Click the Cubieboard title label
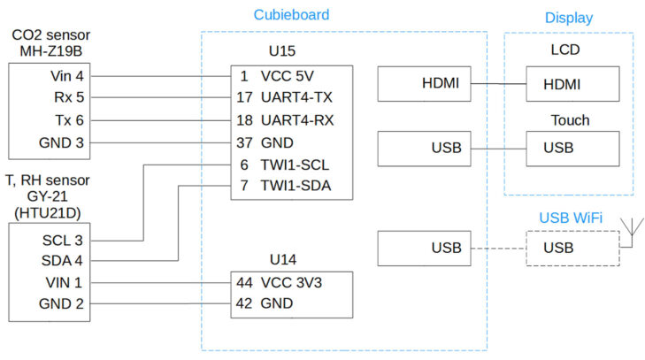[x=291, y=15]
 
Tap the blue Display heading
[x=569, y=18]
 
